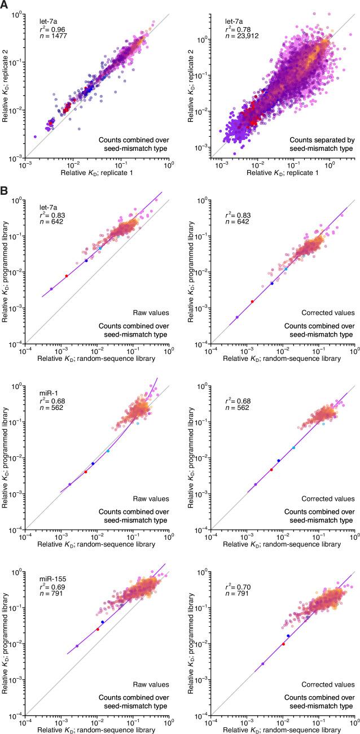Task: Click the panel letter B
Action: [5, 193]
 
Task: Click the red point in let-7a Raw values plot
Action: [66, 276]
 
